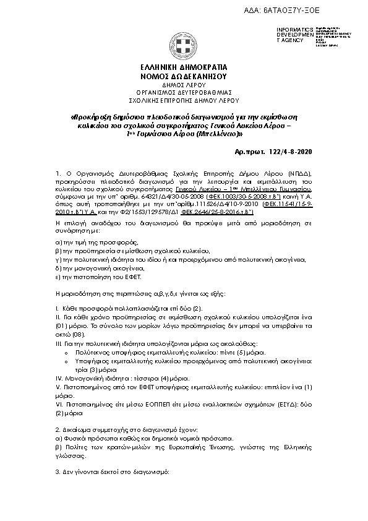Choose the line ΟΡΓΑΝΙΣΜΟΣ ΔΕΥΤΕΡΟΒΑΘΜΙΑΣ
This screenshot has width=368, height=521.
click(184, 91)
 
